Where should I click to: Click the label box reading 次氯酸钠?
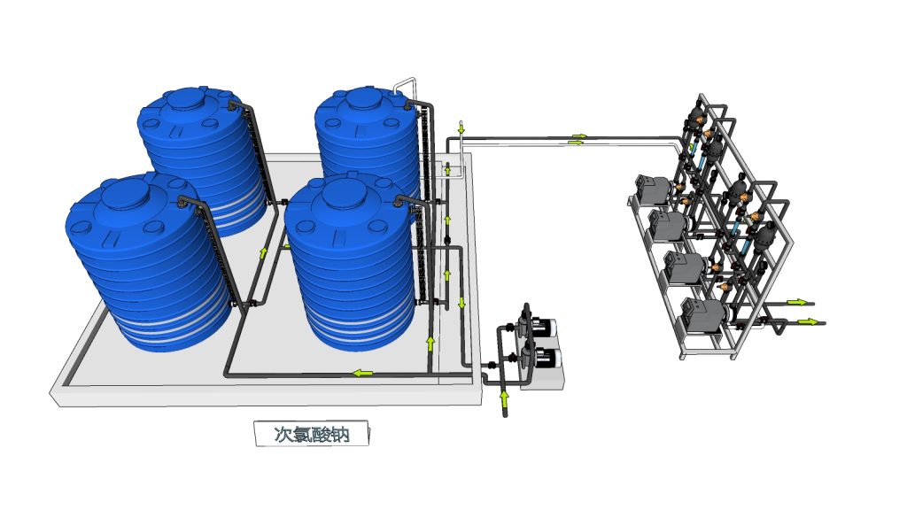point(311,433)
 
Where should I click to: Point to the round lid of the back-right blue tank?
point(362,99)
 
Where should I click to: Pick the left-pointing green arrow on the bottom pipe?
point(363,373)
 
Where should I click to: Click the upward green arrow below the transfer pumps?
point(504,398)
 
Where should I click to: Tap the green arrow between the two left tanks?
point(264,252)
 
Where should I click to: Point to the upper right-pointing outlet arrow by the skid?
point(796,303)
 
